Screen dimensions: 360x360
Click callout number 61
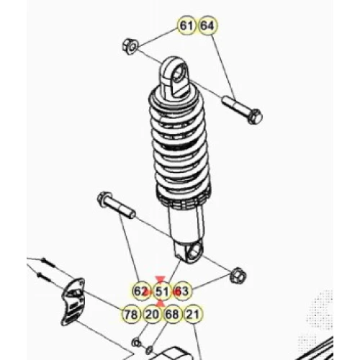(x=186, y=26)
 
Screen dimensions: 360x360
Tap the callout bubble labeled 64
(x=207, y=26)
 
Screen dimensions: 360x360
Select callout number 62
(x=141, y=291)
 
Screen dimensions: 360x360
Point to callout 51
(x=162, y=292)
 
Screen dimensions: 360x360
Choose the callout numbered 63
(x=182, y=292)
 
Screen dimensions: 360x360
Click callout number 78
(x=131, y=314)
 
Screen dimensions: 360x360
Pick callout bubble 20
(x=152, y=314)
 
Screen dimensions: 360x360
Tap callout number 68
(x=173, y=314)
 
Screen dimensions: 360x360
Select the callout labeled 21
(x=194, y=314)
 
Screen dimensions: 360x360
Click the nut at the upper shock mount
(x=130, y=46)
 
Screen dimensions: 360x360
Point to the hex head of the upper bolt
(x=256, y=117)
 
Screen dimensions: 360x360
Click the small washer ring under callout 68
(x=149, y=350)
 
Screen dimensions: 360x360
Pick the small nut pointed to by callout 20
(x=136, y=343)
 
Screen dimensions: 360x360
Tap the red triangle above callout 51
(x=160, y=279)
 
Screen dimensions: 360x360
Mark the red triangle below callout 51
(x=161, y=303)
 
